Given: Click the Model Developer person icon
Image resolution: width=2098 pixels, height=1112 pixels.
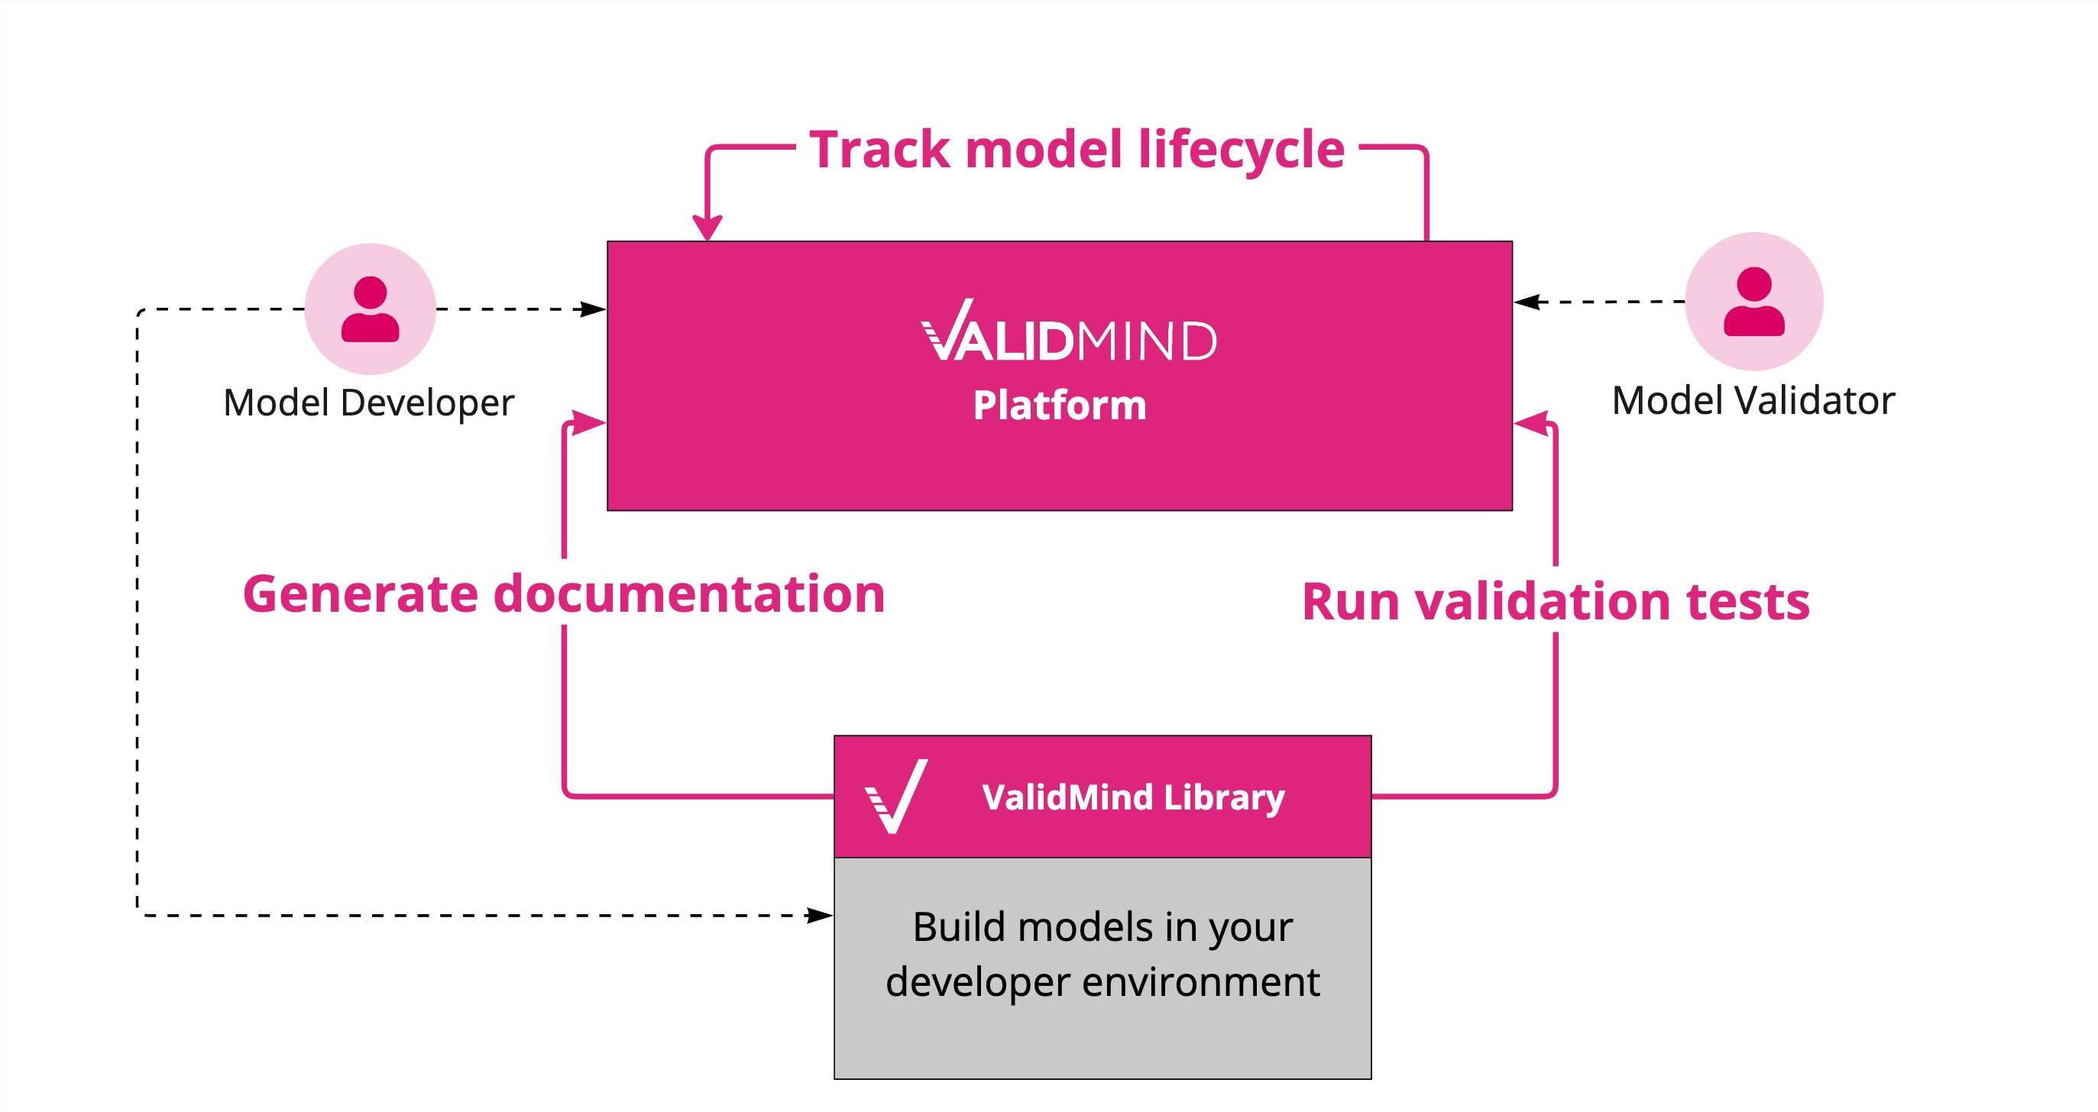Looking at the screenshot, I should tap(370, 309).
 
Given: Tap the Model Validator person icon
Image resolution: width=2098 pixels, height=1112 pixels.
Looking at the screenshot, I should tap(1753, 301).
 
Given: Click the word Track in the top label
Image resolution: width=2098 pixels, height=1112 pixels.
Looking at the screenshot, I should tap(879, 150).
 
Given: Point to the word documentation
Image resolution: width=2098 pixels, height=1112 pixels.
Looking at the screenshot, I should tap(689, 594).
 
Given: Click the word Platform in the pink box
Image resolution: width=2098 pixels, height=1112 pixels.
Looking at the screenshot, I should tap(1060, 406).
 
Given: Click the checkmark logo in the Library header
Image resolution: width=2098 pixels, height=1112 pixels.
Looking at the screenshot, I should tap(897, 796).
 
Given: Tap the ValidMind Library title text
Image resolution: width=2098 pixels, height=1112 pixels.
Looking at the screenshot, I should tap(1133, 797).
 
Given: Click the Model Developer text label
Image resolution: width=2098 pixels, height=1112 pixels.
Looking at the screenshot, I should tap(369, 403).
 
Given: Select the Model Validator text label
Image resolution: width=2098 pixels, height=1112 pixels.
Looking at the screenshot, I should tap(1753, 400).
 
